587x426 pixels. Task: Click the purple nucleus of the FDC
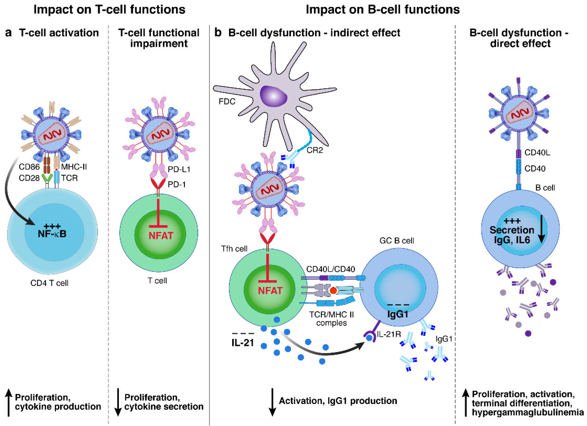[273, 96]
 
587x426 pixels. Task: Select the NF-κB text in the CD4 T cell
[52, 234]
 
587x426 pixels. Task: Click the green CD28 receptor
[47, 178]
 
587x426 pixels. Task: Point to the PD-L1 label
[179, 169]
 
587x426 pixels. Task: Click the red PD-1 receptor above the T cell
[158, 185]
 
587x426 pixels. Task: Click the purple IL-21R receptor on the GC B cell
[371, 335]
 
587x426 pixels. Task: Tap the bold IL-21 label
[242, 343]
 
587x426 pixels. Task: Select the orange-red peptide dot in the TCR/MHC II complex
[333, 291]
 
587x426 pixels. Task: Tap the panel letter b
[218, 33]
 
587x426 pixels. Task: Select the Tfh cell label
[234, 249]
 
